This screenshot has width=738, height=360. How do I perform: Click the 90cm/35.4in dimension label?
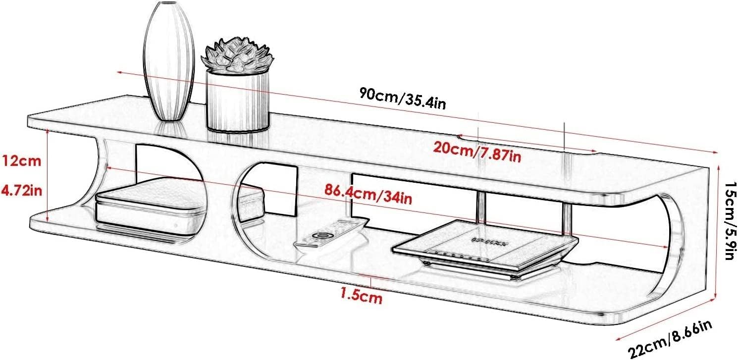coord(403,98)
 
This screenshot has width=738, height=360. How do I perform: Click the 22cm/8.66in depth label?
coord(671,339)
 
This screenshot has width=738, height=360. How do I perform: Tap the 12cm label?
coord(21,161)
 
